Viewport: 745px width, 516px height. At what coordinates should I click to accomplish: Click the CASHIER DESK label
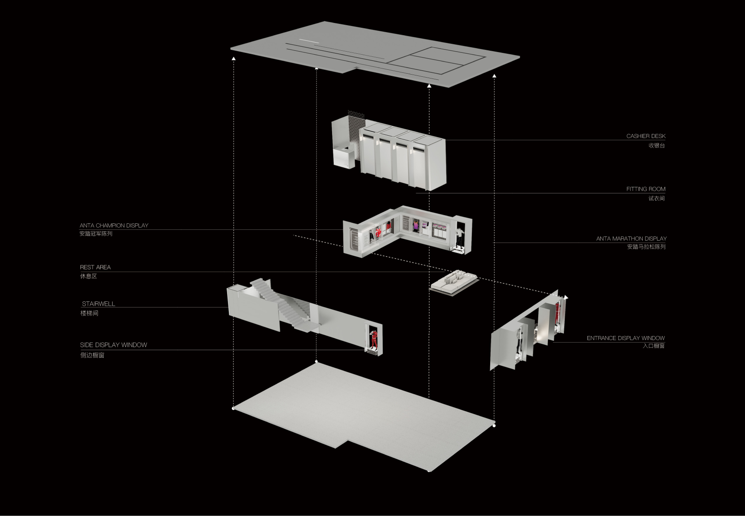pos(646,136)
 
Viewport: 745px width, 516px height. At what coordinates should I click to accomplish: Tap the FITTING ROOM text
pos(646,189)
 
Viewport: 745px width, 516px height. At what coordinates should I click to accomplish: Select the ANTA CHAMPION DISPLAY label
pos(114,225)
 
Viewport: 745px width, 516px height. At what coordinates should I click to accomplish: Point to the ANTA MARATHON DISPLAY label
pos(631,238)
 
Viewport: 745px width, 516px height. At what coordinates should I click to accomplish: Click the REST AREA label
pos(95,267)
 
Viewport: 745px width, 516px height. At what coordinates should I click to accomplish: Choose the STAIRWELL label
pos(99,304)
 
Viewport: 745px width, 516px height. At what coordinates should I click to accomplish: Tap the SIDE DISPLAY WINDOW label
pos(114,345)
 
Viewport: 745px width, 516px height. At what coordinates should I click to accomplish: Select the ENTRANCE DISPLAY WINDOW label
pos(626,338)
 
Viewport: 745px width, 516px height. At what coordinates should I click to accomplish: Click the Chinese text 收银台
pos(657,146)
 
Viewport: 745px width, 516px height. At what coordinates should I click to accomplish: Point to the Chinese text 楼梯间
pos(89,313)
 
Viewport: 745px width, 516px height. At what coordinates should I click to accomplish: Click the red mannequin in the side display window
pos(373,339)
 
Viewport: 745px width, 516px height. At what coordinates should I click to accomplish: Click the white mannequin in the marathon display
pos(459,237)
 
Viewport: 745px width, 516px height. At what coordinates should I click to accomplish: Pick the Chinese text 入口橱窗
pos(654,346)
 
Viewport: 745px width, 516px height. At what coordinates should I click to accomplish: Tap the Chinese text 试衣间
pos(657,199)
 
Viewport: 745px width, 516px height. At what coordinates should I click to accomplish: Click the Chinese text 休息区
pos(88,276)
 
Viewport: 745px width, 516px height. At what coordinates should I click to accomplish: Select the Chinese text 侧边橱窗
pos(92,355)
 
